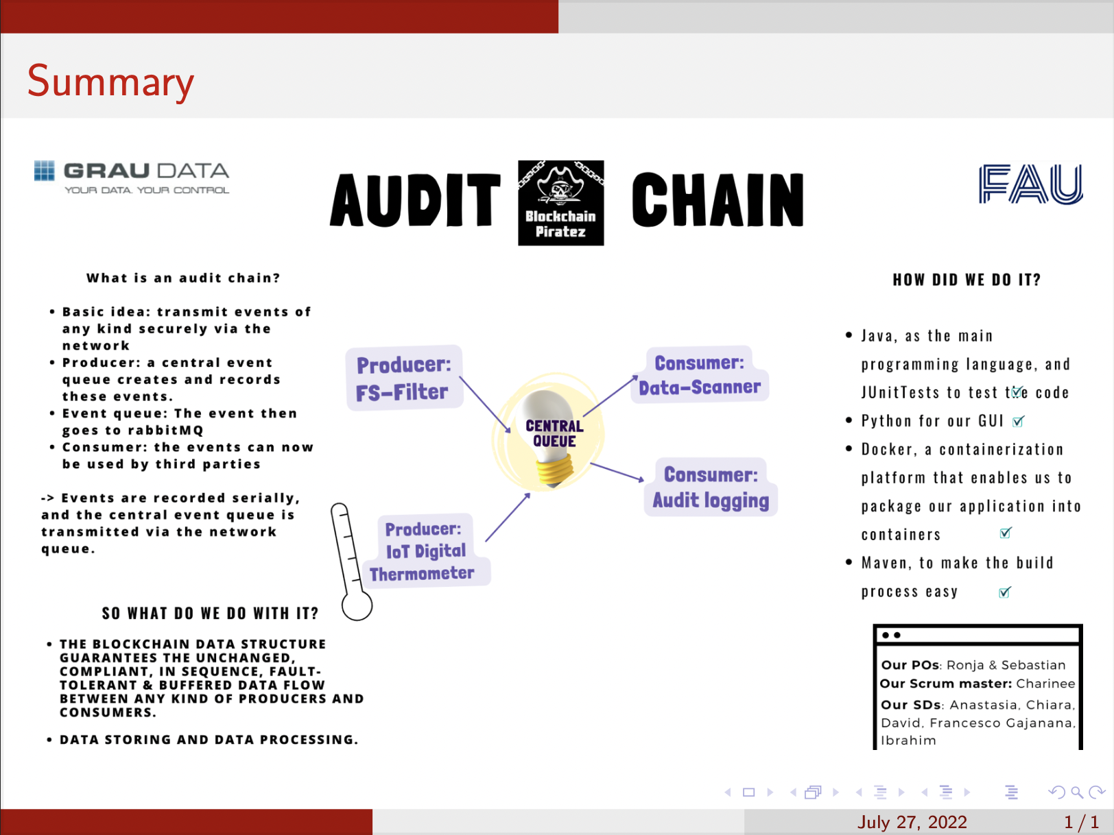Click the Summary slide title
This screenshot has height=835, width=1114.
point(110,81)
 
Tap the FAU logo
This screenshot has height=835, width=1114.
point(1031,184)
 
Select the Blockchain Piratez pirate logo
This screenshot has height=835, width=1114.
point(561,203)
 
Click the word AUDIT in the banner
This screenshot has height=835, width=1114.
point(415,199)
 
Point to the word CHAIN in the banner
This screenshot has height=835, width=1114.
point(718,199)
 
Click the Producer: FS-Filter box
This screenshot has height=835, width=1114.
point(404,378)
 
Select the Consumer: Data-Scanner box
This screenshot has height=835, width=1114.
point(700,375)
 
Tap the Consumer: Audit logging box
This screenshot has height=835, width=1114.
point(711,487)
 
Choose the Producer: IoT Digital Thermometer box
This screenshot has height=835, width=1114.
point(425,551)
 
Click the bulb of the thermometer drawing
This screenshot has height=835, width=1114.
point(357,605)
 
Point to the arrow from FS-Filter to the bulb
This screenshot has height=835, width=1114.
point(485,404)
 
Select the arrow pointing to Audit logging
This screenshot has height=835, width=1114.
point(617,472)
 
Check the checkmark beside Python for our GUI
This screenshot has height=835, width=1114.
point(1018,421)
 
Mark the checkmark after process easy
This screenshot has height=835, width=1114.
point(1005,592)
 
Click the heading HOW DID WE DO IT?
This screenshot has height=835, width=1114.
point(967,279)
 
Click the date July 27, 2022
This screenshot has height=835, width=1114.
point(912,822)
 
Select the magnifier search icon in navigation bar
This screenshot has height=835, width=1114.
point(1077,792)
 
